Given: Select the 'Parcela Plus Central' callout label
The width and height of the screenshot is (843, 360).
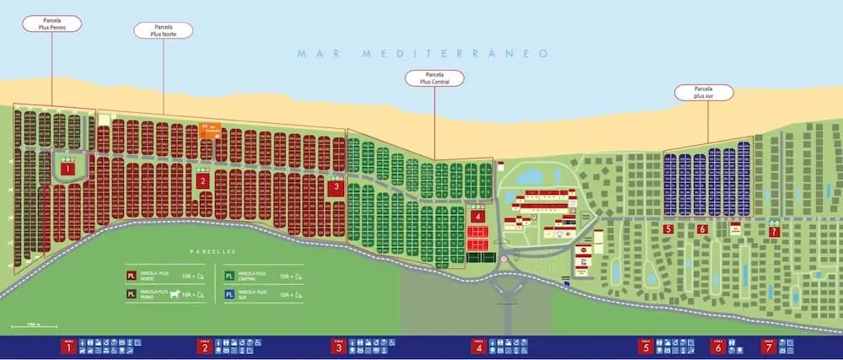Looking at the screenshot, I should click(x=434, y=78).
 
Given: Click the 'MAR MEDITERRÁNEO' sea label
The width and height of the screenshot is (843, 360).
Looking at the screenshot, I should click(x=422, y=54).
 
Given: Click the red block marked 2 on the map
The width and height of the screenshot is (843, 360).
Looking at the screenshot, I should click(x=202, y=180).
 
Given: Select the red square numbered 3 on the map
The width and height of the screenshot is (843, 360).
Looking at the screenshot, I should click(x=335, y=188).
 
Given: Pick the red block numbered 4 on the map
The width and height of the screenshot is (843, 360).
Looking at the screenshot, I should click(x=478, y=216).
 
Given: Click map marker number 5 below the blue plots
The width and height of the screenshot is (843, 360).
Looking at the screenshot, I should click(x=668, y=228).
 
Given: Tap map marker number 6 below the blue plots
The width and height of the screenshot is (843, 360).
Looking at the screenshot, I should click(x=701, y=228).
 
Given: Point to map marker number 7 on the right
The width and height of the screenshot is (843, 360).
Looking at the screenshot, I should click(x=774, y=230).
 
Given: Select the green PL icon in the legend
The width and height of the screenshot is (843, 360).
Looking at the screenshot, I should click(x=230, y=276).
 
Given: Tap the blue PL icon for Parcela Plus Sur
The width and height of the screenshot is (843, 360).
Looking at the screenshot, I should click(x=230, y=294).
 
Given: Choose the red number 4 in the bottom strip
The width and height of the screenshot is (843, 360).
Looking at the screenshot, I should click(x=479, y=347).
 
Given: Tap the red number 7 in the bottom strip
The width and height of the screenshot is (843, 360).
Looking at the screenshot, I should click(x=767, y=347).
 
